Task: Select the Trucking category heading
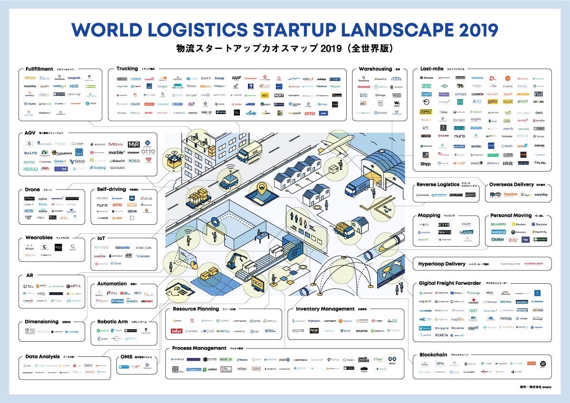(x=127, y=68)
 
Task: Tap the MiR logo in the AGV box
(x=133, y=144)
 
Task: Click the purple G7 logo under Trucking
(x=191, y=104)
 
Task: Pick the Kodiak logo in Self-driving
(x=146, y=198)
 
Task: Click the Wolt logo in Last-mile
(x=508, y=163)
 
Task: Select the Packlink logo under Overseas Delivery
(x=511, y=194)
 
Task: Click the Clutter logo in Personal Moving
(x=497, y=240)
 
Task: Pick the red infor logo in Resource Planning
(x=177, y=331)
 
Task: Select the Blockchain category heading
(x=433, y=355)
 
